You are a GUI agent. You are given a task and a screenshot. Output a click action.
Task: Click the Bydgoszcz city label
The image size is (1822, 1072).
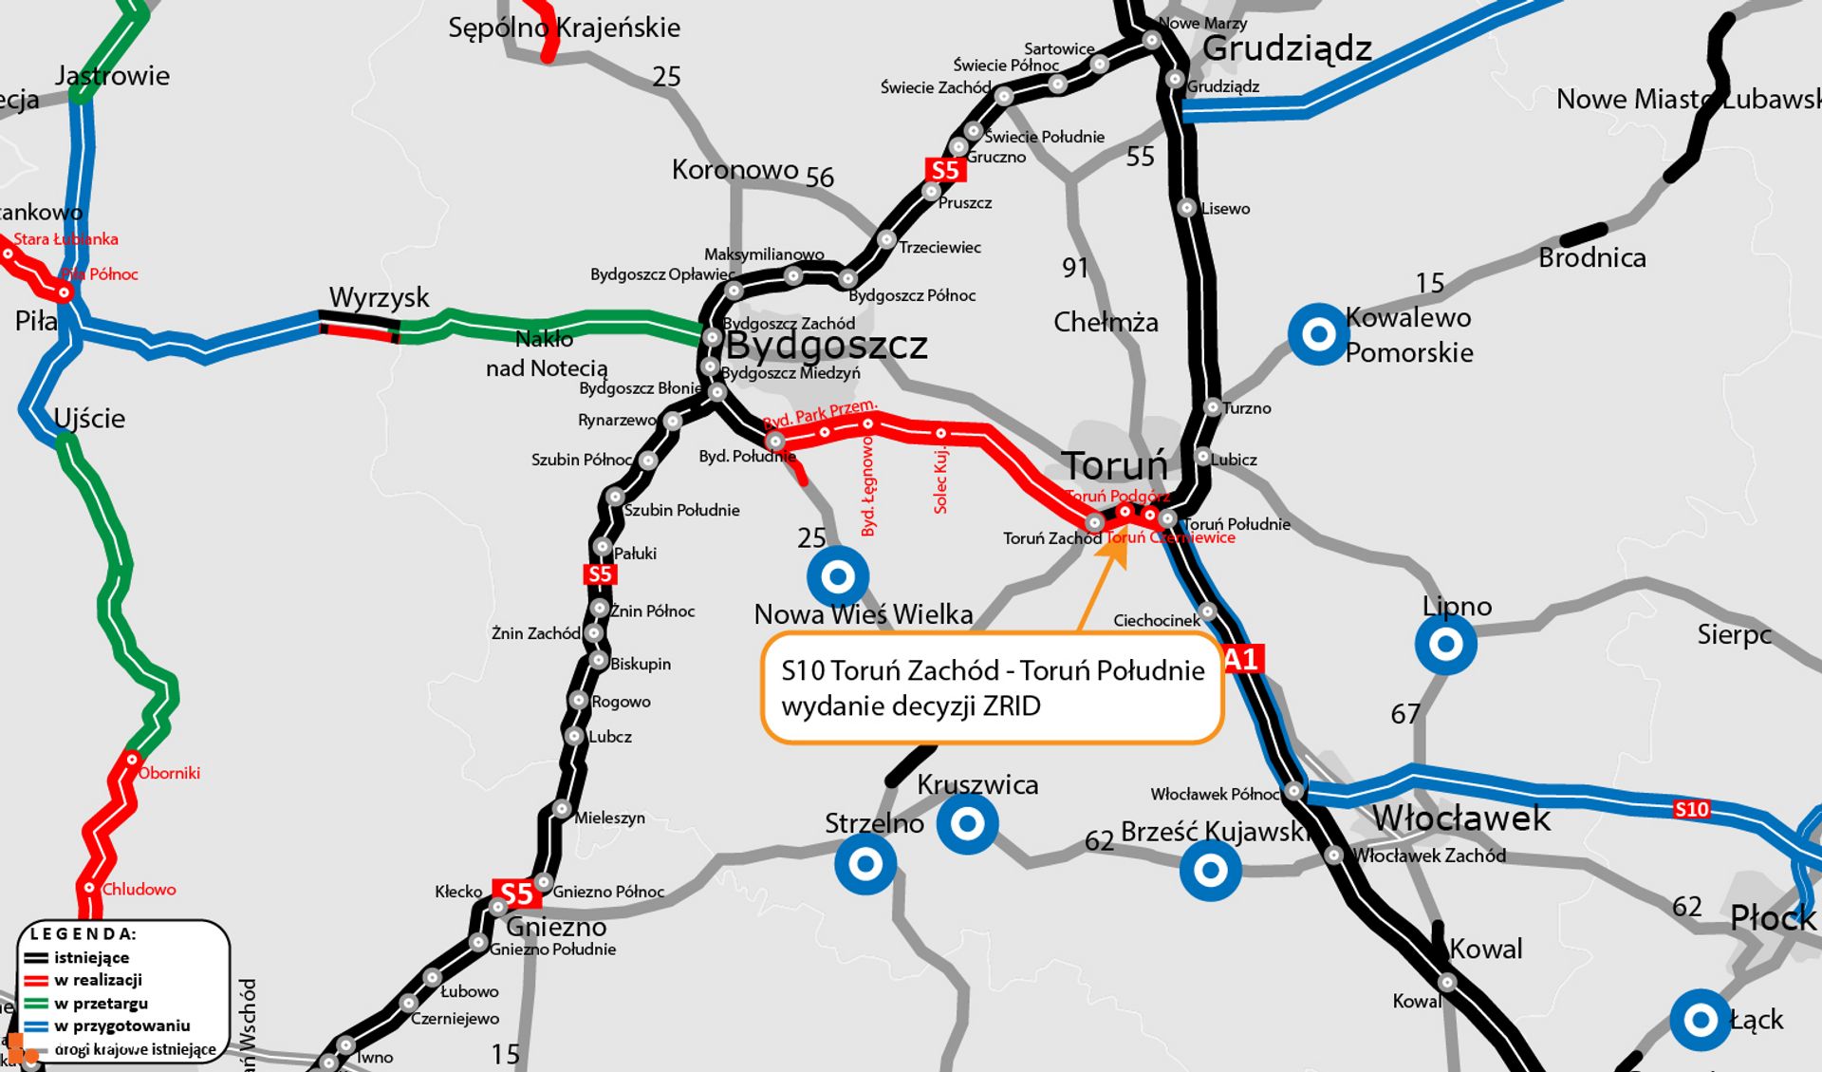pyautogui.click(x=827, y=346)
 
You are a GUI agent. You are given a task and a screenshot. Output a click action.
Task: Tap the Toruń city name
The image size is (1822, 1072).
pyautogui.click(x=1114, y=466)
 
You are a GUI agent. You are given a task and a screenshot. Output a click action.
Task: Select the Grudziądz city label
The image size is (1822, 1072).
pyautogui.click(x=1287, y=47)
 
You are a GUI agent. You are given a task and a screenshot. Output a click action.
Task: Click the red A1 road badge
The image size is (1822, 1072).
pyautogui.click(x=1241, y=659)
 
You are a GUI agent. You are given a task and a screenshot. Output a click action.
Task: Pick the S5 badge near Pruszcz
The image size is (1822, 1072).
pyautogui.click(x=945, y=170)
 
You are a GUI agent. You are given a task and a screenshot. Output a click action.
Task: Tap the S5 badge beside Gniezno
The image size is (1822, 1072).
pyautogui.click(x=516, y=893)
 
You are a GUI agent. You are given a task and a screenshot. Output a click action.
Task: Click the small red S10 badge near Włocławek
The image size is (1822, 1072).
pyautogui.click(x=1691, y=809)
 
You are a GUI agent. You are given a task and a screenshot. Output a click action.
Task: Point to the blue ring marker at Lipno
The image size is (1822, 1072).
pyautogui.click(x=1445, y=645)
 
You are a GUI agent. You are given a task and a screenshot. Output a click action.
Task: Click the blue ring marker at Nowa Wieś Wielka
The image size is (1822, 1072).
pyautogui.click(x=837, y=576)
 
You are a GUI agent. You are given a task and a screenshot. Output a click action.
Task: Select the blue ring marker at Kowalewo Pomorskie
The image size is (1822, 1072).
pyautogui.click(x=1318, y=334)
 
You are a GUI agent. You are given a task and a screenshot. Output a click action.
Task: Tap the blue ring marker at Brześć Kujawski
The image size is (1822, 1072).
pyautogui.click(x=1210, y=870)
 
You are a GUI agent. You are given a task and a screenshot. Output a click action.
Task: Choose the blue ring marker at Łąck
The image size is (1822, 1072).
pyautogui.click(x=1700, y=1021)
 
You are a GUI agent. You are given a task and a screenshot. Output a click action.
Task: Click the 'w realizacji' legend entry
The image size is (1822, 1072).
pyautogui.click(x=98, y=980)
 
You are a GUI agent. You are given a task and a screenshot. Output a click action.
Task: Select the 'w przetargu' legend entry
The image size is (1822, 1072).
pyautogui.click(x=100, y=1003)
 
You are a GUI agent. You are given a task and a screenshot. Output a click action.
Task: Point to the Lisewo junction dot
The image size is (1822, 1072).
pyautogui.click(x=1187, y=208)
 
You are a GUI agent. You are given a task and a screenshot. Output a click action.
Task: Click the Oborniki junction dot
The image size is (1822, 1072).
pyautogui.click(x=132, y=760)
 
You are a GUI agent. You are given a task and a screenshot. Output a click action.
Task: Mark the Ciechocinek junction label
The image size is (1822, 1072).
pyautogui.click(x=1156, y=621)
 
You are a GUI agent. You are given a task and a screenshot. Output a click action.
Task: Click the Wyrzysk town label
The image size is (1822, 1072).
pyautogui.click(x=379, y=298)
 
